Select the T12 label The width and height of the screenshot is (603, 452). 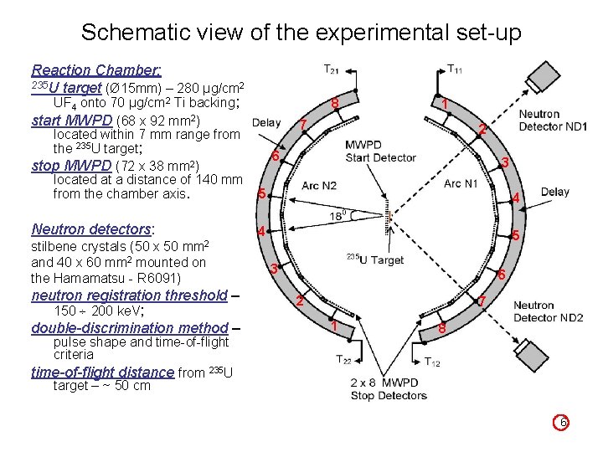point(432,362)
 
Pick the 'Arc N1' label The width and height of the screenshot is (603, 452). point(461,184)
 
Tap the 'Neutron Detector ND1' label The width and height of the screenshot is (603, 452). point(551,121)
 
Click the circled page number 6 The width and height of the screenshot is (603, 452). point(564,424)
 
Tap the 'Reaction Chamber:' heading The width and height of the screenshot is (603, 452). point(95,70)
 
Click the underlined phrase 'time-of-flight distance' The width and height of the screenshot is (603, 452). point(102,372)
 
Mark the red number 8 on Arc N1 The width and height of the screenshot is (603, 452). point(442,329)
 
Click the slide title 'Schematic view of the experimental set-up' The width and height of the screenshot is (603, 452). point(301,33)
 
